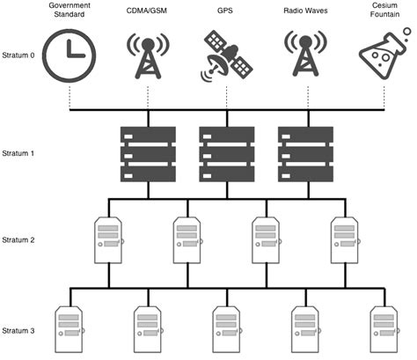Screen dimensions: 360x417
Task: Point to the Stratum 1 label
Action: pyautogui.click(x=19, y=152)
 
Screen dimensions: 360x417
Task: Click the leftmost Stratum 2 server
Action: pyautogui.click(x=109, y=240)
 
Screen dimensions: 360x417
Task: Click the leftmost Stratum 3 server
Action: pyautogui.click(x=70, y=329)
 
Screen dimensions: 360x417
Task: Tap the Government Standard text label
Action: pyautogui.click(x=71, y=15)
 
